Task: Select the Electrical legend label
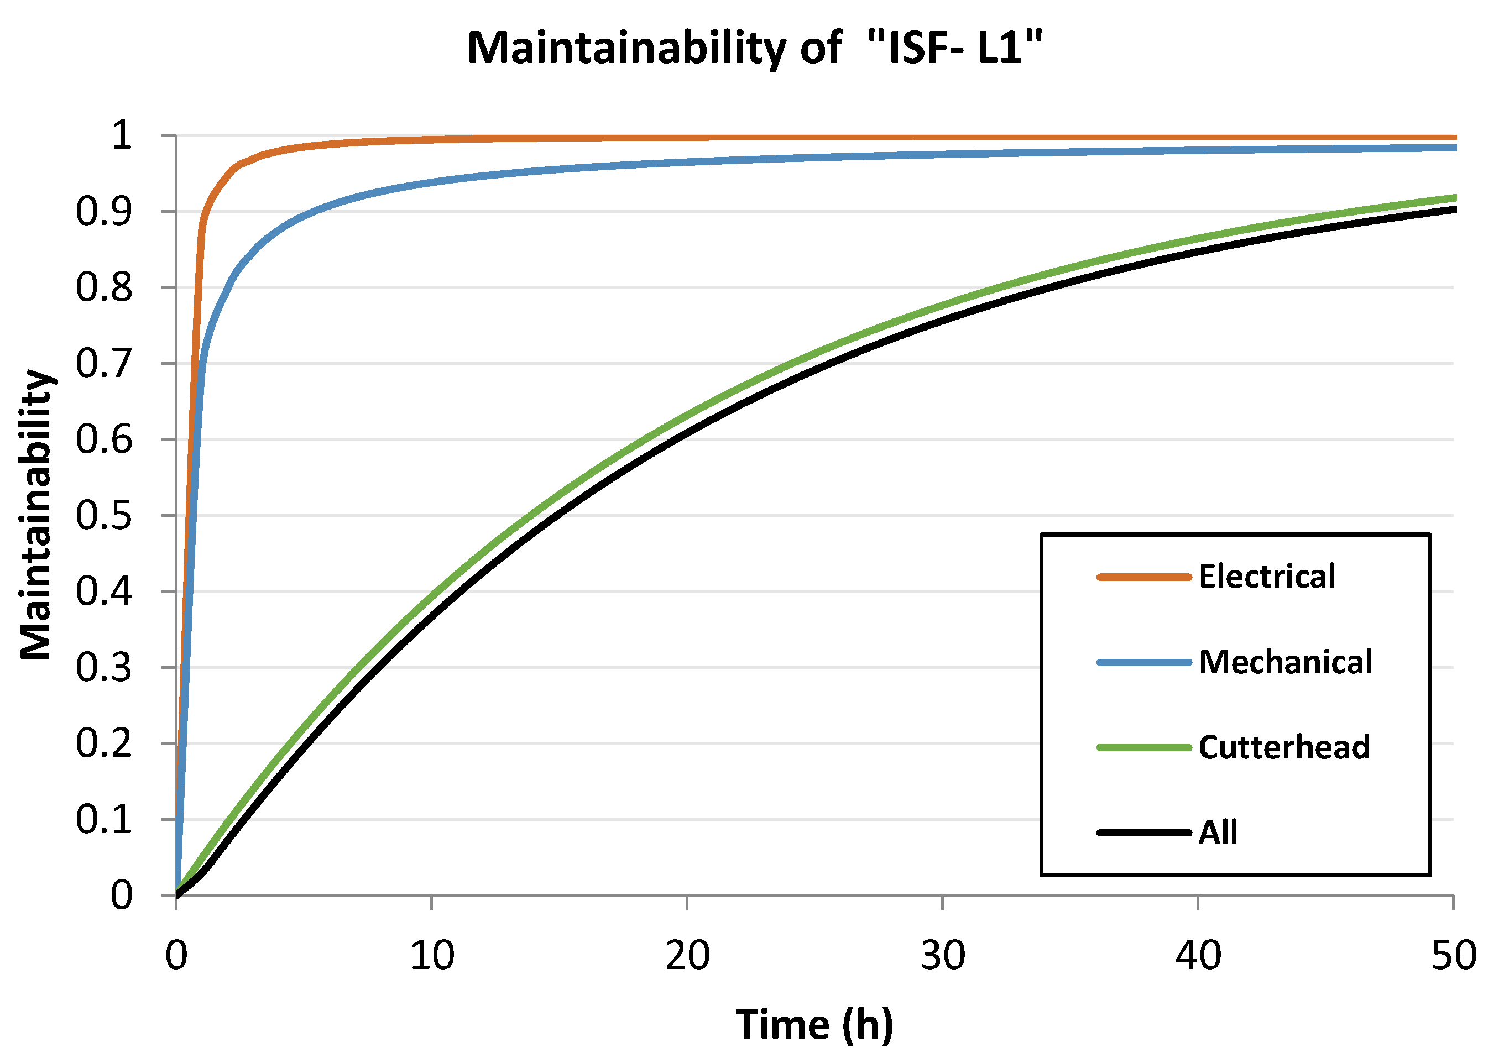[1266, 577]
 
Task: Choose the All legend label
[1218, 833]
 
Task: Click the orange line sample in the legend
[1143, 577]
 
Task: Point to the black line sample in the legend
[1143, 833]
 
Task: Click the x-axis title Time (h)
[814, 1024]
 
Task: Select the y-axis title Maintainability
[36, 514]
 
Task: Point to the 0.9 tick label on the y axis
[103, 212]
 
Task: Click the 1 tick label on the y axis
[122, 136]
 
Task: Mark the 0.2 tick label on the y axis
[103, 744]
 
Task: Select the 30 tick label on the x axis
[943, 956]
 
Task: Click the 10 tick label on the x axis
[432, 956]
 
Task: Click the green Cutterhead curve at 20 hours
[687, 417]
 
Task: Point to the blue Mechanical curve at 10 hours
[432, 181]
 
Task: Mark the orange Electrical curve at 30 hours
[943, 138]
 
